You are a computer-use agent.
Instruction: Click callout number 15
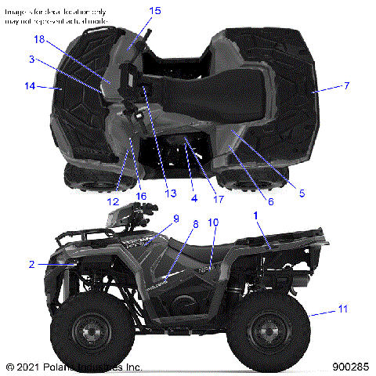click(154, 11)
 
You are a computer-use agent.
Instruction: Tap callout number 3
click(32, 60)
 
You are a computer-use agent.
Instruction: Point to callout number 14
click(30, 86)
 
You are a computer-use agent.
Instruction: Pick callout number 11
click(342, 309)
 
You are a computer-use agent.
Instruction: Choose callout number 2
click(32, 265)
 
